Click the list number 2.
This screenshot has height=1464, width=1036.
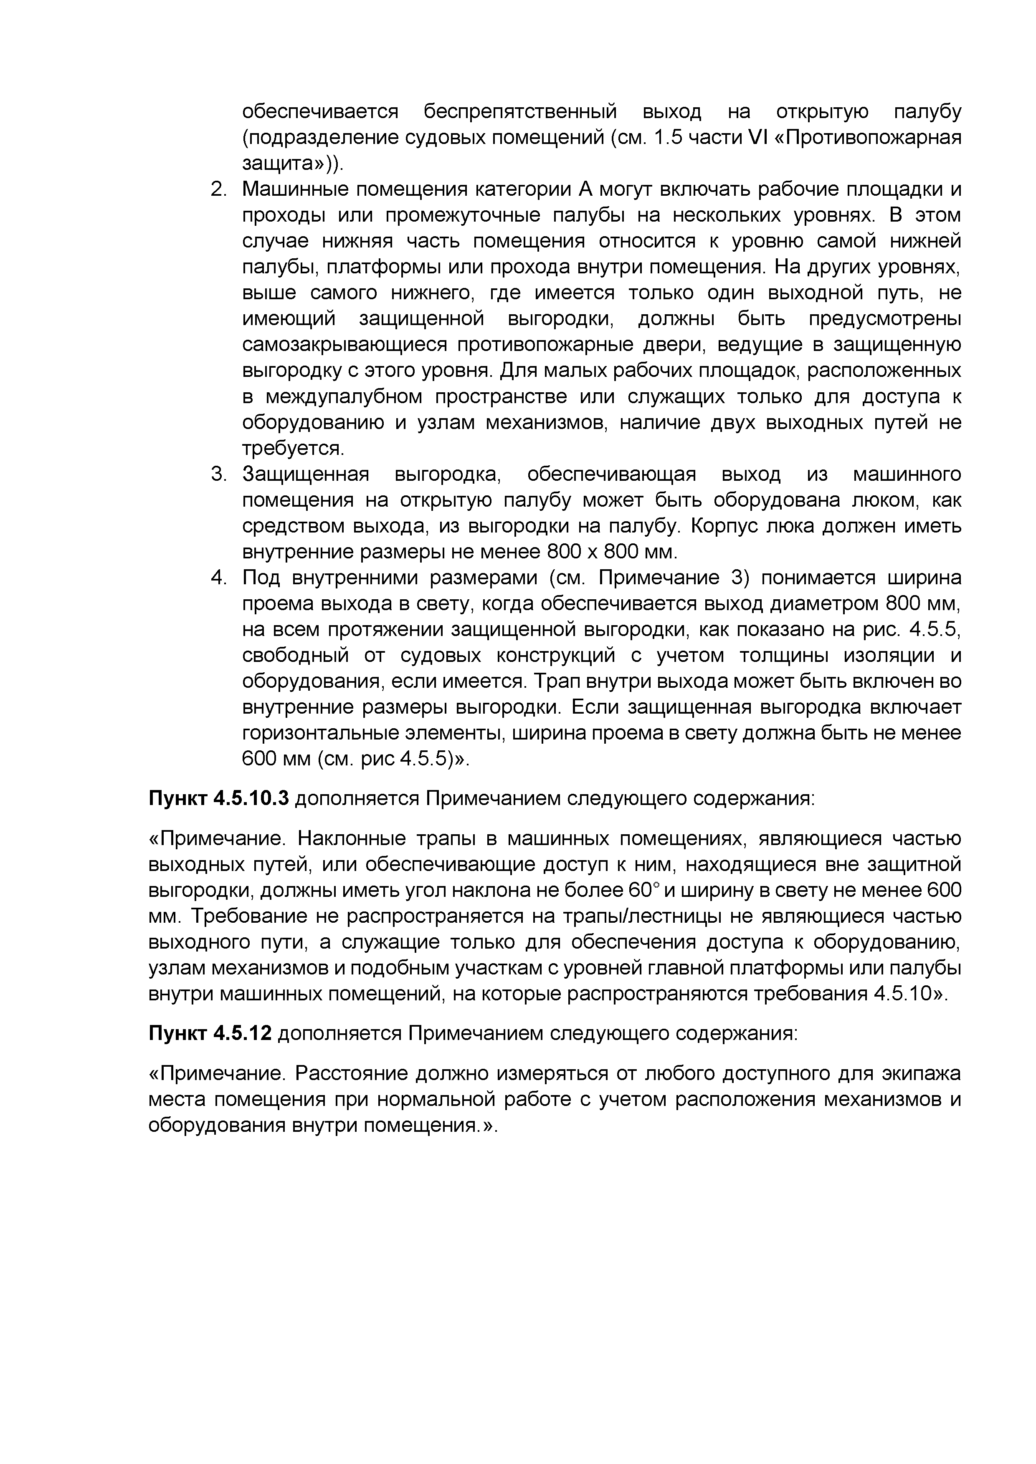(x=218, y=190)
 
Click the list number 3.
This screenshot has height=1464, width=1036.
(x=218, y=475)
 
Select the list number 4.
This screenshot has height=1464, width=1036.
(x=218, y=578)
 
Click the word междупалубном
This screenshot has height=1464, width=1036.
(x=344, y=397)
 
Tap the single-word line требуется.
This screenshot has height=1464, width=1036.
(x=292, y=449)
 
